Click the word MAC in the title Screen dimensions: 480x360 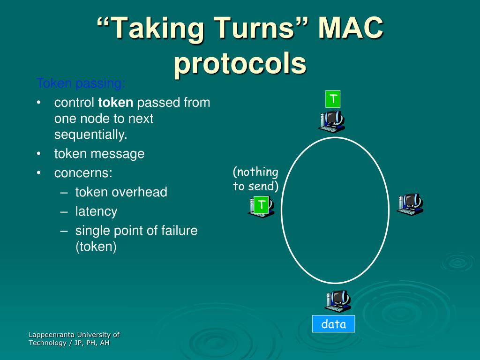351,29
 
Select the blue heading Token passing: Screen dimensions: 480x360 81,84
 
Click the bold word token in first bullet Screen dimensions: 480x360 115,102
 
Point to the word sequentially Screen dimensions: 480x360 91,135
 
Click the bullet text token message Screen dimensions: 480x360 99,154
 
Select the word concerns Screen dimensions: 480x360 83,173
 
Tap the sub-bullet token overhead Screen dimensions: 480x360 121,192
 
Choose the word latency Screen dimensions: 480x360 96,211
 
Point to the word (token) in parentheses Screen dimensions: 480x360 96,247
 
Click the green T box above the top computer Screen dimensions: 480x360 333,99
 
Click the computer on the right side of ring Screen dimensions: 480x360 410,204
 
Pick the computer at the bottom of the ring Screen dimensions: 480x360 337,301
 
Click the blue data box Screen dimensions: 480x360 334,324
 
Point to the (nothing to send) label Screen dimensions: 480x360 255,179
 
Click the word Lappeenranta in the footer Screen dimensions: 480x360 52,335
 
